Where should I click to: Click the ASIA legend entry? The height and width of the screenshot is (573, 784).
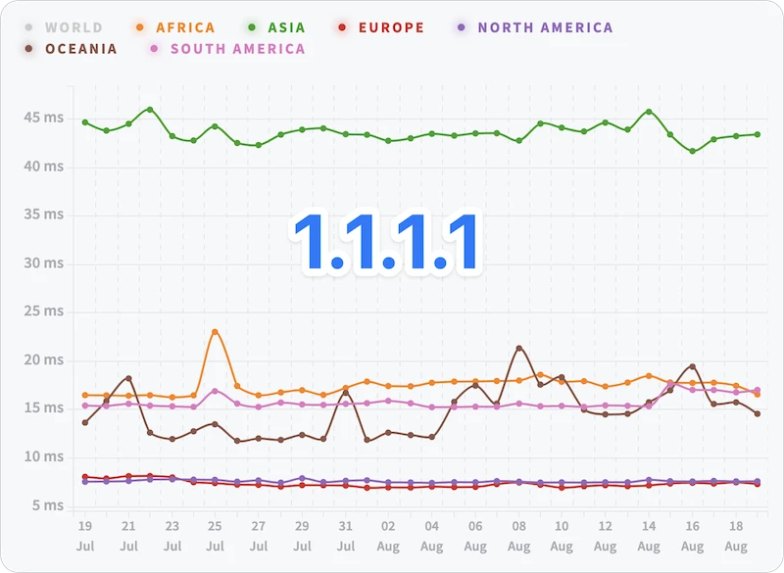tap(276, 27)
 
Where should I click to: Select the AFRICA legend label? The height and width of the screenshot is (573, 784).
tap(175, 27)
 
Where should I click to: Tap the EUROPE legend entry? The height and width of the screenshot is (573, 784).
tap(381, 27)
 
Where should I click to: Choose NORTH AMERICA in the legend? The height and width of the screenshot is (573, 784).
tap(535, 27)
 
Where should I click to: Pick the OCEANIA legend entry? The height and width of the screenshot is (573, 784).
tap(71, 49)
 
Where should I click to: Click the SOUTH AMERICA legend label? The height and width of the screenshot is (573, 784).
tap(227, 49)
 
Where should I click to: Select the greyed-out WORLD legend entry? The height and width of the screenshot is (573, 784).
tap(64, 27)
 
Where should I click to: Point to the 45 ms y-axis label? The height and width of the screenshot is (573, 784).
tap(44, 118)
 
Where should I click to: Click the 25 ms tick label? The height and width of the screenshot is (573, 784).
tap(44, 311)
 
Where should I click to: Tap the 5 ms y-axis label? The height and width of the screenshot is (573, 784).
tap(48, 505)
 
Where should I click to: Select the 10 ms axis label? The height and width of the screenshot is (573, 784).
tap(44, 456)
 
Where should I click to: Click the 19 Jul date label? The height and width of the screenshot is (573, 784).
tap(85, 536)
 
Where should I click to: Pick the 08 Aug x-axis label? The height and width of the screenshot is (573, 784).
tap(519, 536)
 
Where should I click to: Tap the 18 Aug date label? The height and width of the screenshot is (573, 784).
tap(736, 536)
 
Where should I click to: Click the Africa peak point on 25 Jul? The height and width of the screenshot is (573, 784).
tap(215, 332)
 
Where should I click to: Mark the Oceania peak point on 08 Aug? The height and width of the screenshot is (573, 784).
tap(519, 348)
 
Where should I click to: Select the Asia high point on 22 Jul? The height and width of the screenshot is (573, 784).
tap(150, 110)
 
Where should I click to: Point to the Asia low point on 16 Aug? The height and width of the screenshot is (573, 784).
tap(693, 151)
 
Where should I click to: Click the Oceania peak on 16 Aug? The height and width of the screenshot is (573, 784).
tap(693, 366)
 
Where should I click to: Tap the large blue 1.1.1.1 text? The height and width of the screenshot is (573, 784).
tap(385, 242)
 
